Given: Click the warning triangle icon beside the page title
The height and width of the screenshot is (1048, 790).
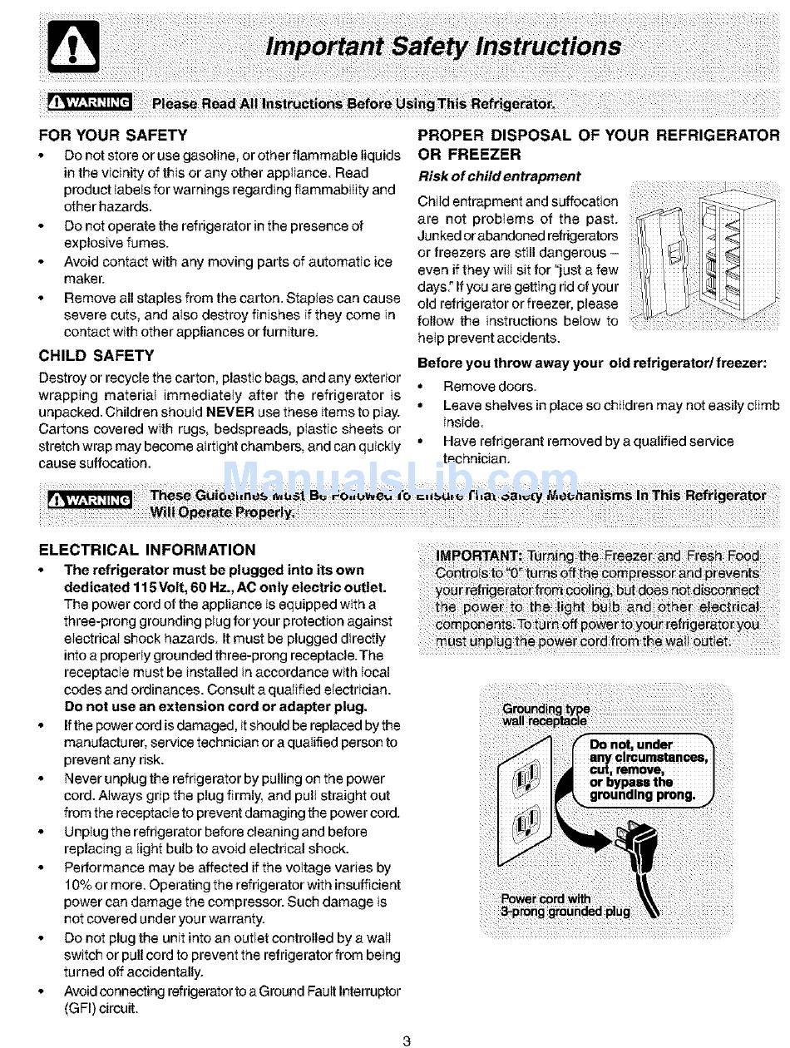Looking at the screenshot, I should tap(75, 48).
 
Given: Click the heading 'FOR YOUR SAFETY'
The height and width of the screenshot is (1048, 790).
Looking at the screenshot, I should tap(113, 135).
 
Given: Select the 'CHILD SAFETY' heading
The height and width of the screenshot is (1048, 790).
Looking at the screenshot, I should tap(96, 356).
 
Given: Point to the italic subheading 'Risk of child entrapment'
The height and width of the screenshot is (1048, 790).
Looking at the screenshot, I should tap(499, 176).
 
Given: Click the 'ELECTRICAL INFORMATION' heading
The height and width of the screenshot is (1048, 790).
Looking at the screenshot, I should tap(148, 550).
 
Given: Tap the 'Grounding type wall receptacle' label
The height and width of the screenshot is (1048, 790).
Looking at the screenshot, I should tap(546, 714).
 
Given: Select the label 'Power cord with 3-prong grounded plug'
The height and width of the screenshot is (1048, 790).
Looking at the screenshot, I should tap(565, 904).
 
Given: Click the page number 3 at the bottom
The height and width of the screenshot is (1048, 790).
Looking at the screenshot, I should tap(406, 1039).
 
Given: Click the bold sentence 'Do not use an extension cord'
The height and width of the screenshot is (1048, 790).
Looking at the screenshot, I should tap(215, 707).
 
